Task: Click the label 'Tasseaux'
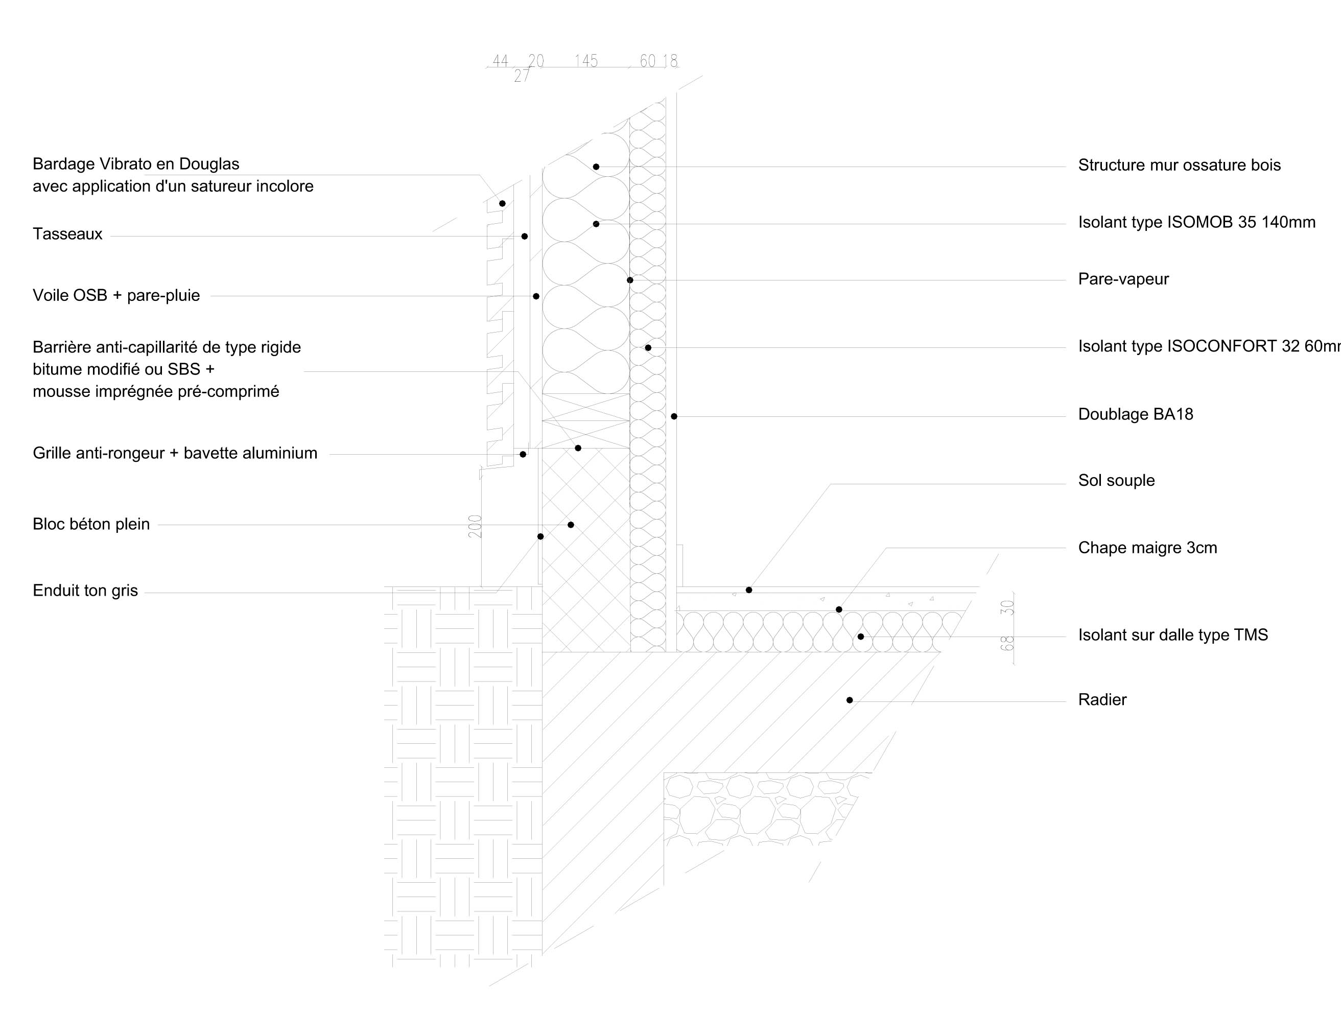tap(67, 234)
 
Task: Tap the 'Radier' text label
tap(1102, 699)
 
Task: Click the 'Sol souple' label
tap(1116, 480)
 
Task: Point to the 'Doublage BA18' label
tap(1135, 414)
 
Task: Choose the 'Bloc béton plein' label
tap(91, 524)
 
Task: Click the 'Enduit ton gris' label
tap(85, 591)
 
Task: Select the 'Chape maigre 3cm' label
tap(1147, 548)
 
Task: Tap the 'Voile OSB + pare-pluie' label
tap(116, 295)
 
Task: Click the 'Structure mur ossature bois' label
tap(1179, 165)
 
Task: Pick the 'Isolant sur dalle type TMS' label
tap(1173, 635)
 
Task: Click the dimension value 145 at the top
tap(586, 61)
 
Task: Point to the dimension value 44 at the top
tap(501, 61)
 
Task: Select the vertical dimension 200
tap(475, 526)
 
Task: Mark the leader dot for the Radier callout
tap(850, 700)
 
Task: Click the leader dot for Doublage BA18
tap(674, 416)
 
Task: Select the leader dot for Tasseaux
tap(524, 237)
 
